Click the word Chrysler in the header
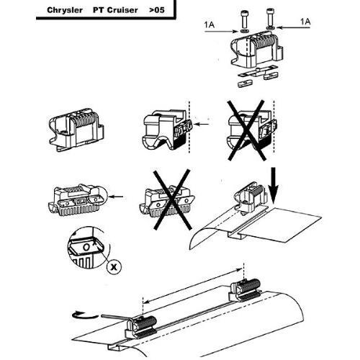click(65, 10)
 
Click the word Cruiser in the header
click(122, 10)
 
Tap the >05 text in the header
click(157, 10)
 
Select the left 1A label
click(210, 24)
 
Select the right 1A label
click(305, 22)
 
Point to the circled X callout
click(114, 266)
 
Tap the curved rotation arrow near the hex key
click(84, 315)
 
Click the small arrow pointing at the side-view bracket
click(202, 124)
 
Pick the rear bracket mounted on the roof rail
click(246, 289)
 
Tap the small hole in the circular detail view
click(86, 247)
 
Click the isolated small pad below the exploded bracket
click(245, 84)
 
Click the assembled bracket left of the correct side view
click(76, 130)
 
